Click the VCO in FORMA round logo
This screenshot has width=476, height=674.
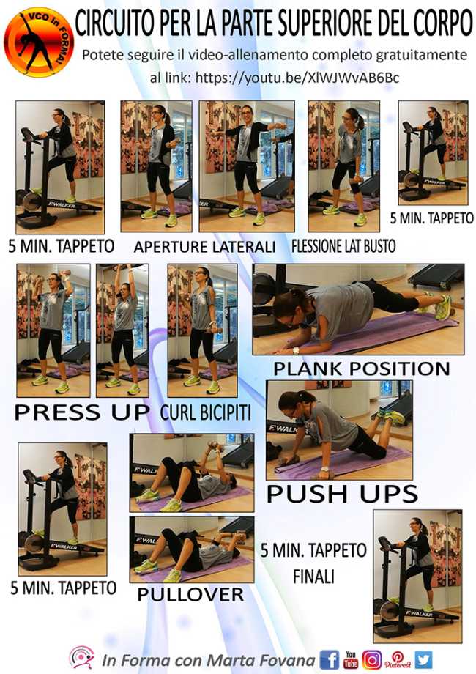[x=39, y=42]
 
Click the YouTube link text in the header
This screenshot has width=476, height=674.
[x=297, y=78]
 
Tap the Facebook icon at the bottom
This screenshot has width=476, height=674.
[x=329, y=659]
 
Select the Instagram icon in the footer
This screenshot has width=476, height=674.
[x=372, y=659]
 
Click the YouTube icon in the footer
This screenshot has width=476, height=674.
[x=351, y=659]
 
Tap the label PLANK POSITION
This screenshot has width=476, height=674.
[x=361, y=369]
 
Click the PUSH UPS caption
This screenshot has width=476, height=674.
[x=343, y=493]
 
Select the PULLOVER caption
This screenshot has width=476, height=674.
[x=190, y=594]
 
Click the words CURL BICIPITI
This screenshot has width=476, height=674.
[x=205, y=412]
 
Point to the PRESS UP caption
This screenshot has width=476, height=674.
[x=81, y=412]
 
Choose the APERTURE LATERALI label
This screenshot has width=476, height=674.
[x=204, y=247]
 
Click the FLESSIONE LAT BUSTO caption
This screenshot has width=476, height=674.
[x=343, y=246]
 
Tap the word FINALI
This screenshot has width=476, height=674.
[x=313, y=577]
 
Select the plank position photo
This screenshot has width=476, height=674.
[x=358, y=309]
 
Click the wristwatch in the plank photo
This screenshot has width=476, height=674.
[x=296, y=350]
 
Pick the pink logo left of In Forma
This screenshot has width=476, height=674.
[x=82, y=658]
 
